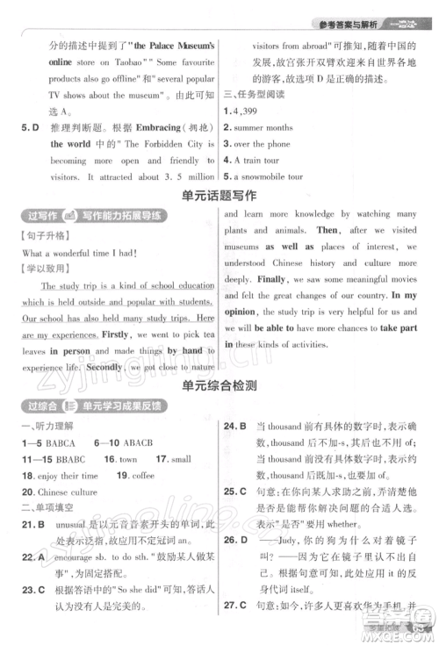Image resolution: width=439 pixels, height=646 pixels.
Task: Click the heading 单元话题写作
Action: (219, 196)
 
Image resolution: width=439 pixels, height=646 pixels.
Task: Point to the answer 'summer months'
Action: (264, 127)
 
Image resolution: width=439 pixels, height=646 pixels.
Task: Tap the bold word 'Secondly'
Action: (105, 368)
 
